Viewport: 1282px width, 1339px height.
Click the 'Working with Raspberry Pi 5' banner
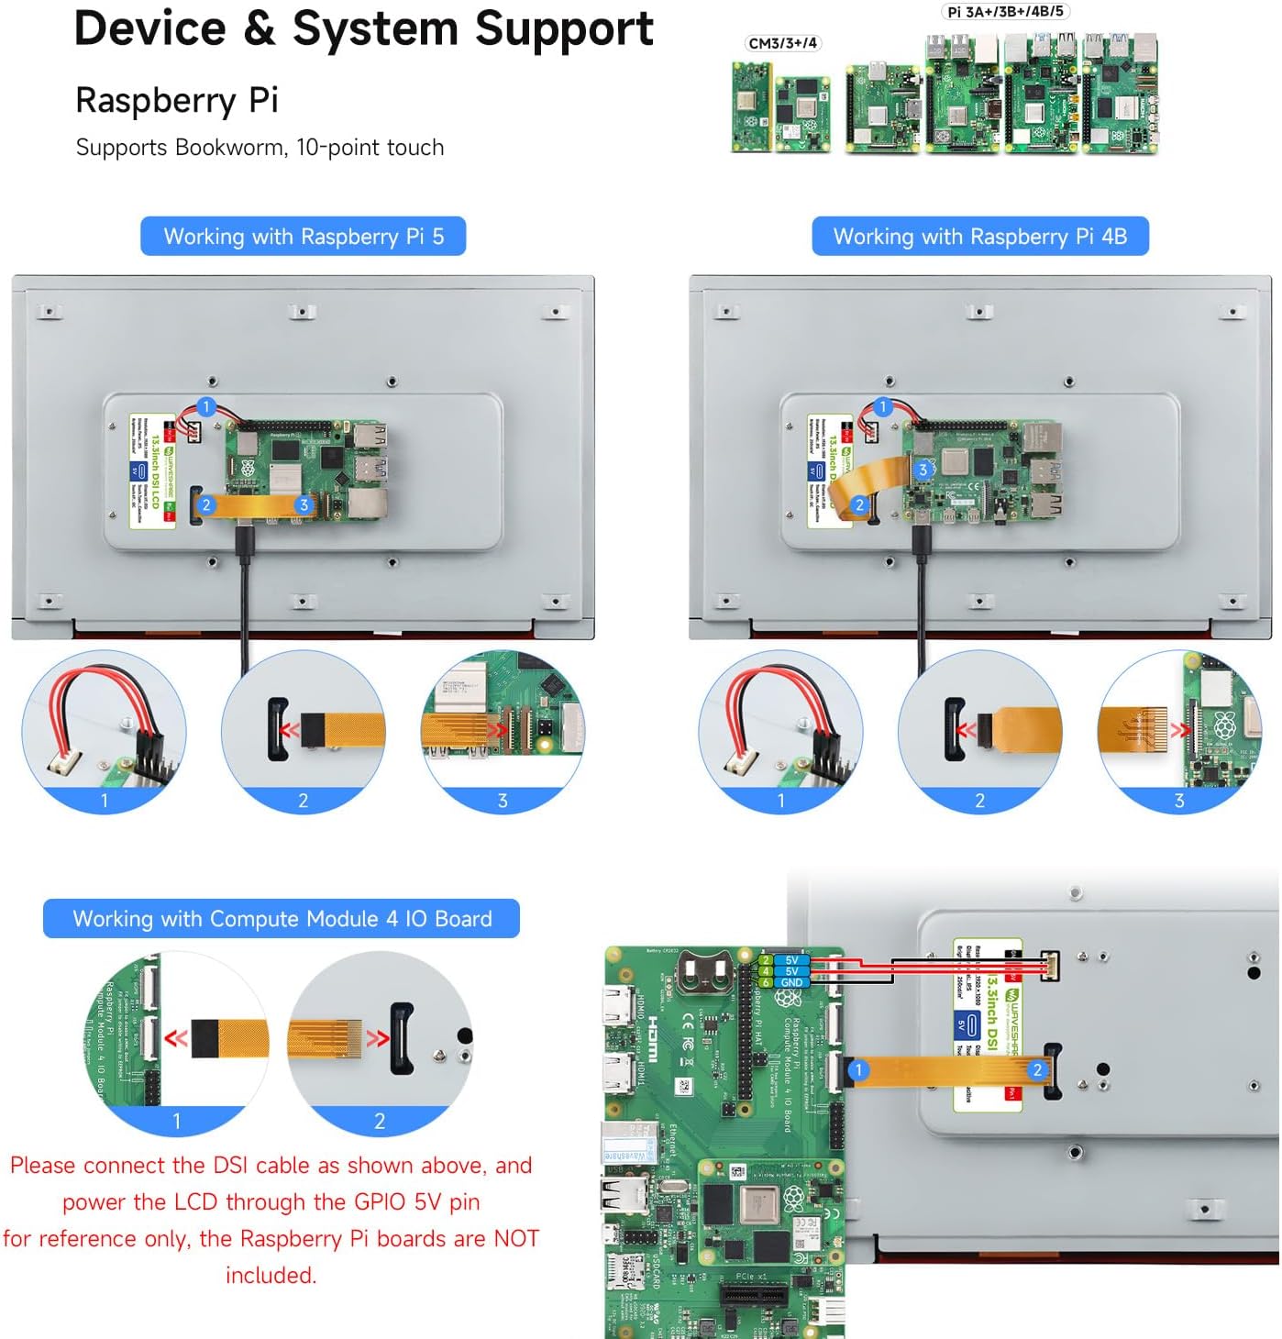click(x=303, y=237)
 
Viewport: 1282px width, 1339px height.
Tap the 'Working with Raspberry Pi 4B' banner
click(x=979, y=237)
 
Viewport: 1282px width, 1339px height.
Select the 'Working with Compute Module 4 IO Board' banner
click(x=282, y=919)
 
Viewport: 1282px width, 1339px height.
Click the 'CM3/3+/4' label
click(x=782, y=43)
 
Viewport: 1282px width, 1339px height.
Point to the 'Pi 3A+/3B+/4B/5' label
click(x=1005, y=12)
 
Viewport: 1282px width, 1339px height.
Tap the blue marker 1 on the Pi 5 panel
click(x=206, y=407)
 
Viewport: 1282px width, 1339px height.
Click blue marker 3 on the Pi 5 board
click(x=304, y=505)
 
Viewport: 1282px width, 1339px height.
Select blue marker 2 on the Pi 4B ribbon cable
click(x=859, y=504)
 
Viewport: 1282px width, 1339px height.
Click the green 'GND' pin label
click(x=791, y=982)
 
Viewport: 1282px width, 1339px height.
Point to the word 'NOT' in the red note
click(x=516, y=1239)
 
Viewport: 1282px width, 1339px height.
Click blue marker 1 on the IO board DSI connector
click(x=858, y=1069)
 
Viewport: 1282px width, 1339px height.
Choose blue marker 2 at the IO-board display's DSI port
click(x=1037, y=1069)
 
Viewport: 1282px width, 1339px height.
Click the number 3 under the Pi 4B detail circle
click(x=1179, y=801)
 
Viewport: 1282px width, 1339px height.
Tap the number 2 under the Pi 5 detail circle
click(x=304, y=801)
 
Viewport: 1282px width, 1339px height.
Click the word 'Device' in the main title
click(x=149, y=28)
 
